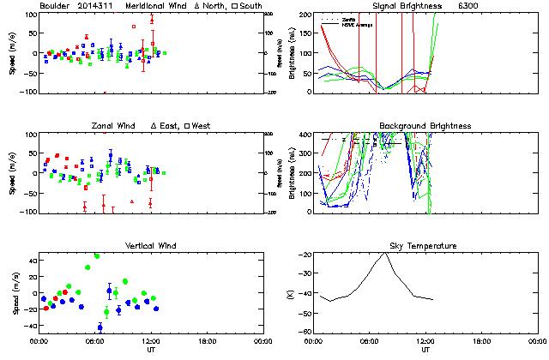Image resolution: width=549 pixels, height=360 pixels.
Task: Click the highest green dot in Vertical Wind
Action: [97, 255]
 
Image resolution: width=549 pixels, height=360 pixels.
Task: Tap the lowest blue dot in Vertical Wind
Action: [100, 327]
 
